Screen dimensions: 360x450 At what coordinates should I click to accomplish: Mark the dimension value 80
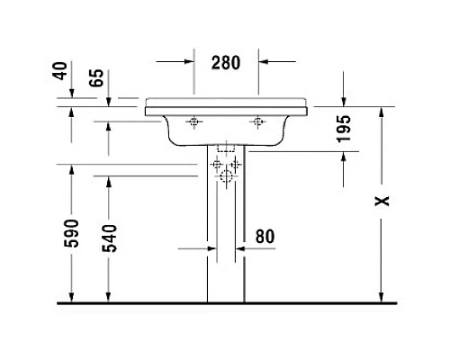265,237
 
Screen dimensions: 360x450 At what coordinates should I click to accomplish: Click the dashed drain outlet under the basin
225,148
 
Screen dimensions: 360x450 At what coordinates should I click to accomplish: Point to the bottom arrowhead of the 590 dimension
72,298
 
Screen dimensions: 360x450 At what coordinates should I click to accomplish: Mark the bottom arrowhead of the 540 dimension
109,298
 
